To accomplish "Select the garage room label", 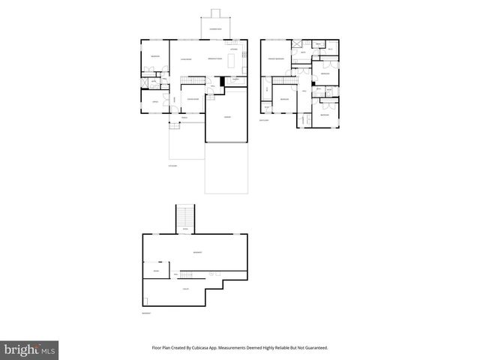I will coord(226,118).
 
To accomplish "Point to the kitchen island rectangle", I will coord(232,60).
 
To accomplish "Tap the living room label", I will coord(185,58).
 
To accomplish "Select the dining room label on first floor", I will coord(193,98).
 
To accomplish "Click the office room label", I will coord(155,102).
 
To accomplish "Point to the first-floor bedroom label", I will coord(154,56).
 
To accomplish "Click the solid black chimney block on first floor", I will coord(223,81).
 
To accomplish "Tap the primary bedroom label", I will coord(277,58).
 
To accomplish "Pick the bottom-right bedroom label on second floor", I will coord(324,115).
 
